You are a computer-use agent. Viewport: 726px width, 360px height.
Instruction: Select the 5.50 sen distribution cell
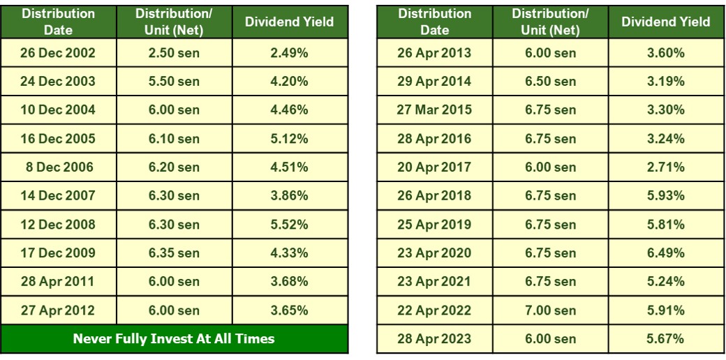point(174,81)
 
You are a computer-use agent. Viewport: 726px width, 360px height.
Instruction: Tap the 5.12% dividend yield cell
point(289,138)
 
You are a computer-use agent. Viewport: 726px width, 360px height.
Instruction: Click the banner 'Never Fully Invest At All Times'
point(175,340)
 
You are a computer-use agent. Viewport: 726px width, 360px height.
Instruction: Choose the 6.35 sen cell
point(174,253)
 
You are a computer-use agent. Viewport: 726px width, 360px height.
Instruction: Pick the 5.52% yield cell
point(289,224)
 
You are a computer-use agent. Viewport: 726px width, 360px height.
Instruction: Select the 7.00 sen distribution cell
point(550,310)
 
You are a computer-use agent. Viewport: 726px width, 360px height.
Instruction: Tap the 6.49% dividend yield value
point(666,253)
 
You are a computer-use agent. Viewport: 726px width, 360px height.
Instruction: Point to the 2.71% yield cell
point(666,167)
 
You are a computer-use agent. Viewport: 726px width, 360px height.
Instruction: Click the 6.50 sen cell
point(550,81)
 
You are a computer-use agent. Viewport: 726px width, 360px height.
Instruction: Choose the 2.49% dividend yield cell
point(289,52)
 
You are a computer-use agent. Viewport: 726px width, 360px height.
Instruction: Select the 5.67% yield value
point(666,338)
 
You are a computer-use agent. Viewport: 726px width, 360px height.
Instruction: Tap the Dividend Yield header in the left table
point(289,22)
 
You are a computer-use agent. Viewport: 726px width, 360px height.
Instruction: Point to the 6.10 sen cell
point(174,138)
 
